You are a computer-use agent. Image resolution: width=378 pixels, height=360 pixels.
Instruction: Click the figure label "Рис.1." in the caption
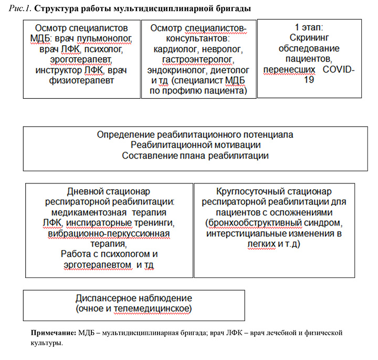pyautogui.click(x=20, y=8)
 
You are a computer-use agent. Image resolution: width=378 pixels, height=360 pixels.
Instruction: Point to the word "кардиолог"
pyautogui.click(x=171, y=48)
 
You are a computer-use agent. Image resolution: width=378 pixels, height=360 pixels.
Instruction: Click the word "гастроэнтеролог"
pyautogui.click(x=195, y=59)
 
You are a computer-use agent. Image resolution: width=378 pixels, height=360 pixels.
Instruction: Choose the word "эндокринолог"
pyautogui.click(x=178, y=69)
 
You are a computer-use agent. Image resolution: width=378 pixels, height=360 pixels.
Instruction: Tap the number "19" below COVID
pyautogui.click(x=309, y=79)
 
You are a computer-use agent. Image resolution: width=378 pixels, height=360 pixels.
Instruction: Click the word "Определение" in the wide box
pyautogui.click(x=123, y=134)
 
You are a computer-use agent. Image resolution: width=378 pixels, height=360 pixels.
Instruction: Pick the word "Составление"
pyautogui.click(x=146, y=156)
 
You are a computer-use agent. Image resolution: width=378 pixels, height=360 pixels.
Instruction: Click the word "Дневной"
pyautogui.click(x=86, y=190)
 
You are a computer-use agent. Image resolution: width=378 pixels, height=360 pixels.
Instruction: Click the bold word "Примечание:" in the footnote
pyautogui.click(x=54, y=333)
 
